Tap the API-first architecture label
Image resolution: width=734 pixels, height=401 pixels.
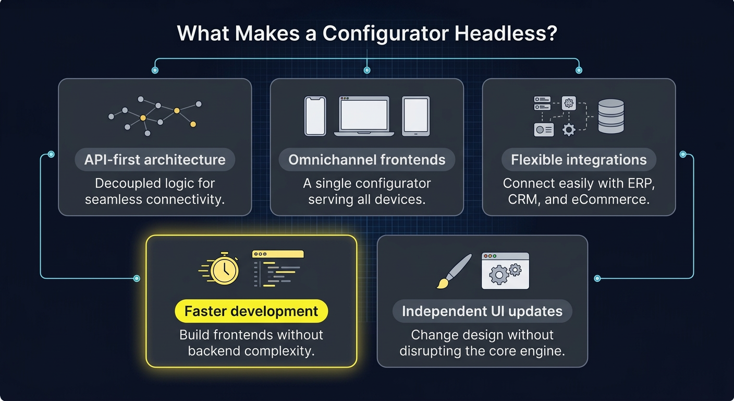pos(155,160)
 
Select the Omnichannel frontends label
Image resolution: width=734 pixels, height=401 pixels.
pos(367,160)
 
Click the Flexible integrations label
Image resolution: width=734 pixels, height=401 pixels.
pos(579,160)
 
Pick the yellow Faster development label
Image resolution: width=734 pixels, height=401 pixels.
pos(251,312)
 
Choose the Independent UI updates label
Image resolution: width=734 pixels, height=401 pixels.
pos(482,312)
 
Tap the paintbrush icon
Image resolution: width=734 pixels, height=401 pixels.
pos(454,271)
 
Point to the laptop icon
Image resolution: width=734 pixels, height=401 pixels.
pos(364,116)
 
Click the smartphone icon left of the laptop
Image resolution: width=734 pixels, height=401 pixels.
pos(315,116)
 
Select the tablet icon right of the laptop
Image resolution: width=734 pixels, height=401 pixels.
pos(416,116)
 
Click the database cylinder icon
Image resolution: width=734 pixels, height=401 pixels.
pos(611,116)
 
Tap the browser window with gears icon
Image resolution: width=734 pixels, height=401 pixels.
pos(505,271)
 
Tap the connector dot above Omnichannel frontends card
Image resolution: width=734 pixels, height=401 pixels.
pos(367,69)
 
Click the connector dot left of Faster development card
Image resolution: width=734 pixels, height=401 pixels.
pos(137,278)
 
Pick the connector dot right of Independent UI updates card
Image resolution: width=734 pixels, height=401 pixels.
pos(597,278)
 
